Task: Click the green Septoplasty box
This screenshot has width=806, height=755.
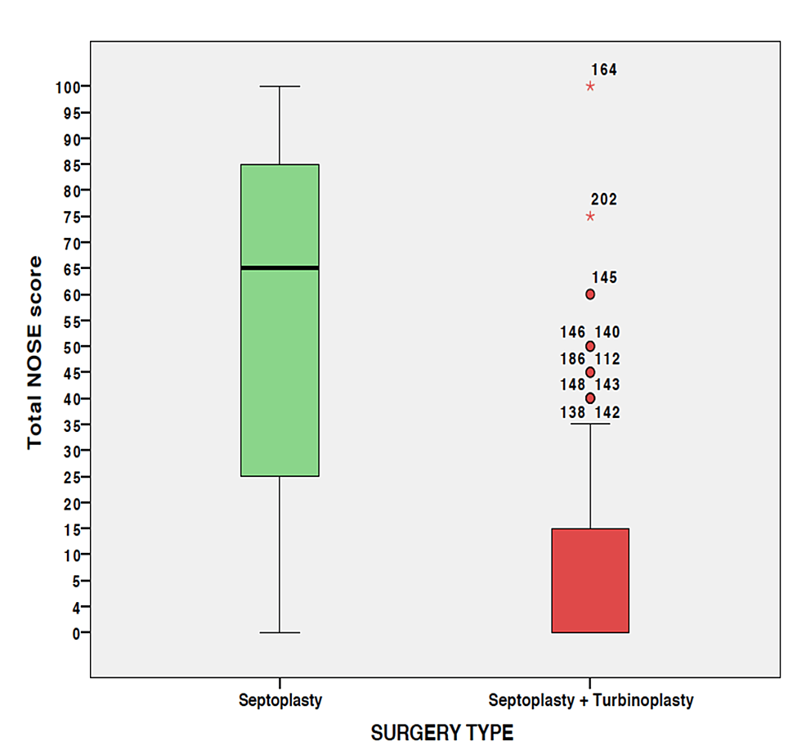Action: pos(280,368)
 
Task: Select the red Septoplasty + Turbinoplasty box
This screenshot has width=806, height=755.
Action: pos(590,581)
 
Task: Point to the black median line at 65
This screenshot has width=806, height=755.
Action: pos(280,267)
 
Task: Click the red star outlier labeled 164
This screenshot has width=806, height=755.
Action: pos(590,86)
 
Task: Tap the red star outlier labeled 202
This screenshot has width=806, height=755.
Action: pos(590,216)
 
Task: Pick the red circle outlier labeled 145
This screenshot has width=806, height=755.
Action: pos(590,294)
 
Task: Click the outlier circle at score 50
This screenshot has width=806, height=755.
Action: pos(590,346)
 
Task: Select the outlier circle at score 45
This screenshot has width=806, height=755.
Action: pos(590,372)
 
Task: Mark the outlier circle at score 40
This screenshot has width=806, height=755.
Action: pos(590,398)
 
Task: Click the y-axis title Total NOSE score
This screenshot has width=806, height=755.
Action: pos(34,353)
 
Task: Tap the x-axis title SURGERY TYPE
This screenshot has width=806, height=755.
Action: pos(442,733)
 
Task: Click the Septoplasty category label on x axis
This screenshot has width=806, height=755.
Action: pos(280,701)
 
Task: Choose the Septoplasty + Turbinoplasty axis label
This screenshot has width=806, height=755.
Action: pos(590,701)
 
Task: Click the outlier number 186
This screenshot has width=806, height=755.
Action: pos(573,359)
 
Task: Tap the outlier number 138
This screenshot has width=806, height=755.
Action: pos(573,414)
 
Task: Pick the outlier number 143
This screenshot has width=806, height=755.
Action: pos(607,385)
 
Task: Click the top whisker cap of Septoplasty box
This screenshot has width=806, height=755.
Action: pos(280,86)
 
